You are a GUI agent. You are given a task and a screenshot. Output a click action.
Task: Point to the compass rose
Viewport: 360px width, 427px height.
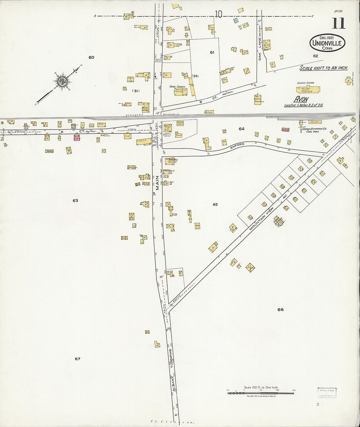pos(62,81)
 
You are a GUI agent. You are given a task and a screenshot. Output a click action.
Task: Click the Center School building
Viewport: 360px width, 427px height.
pos(308,89)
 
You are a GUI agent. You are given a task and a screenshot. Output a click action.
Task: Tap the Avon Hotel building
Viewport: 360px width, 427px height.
pos(145,108)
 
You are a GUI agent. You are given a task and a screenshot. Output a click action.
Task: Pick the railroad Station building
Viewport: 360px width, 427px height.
pos(208,112)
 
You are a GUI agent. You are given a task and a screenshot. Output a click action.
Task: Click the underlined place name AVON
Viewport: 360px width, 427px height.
pos(301,99)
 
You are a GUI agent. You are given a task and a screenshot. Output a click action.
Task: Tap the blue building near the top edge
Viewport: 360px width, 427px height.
pos(236,20)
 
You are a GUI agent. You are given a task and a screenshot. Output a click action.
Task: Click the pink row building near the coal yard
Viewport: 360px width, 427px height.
pos(285,130)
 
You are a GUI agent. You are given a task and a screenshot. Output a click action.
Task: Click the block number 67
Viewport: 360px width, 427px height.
pos(77,359)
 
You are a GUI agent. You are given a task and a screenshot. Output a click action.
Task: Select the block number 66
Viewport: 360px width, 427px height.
pos(280,310)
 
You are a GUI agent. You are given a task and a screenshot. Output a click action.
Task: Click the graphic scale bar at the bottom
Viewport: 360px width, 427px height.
pos(261,392)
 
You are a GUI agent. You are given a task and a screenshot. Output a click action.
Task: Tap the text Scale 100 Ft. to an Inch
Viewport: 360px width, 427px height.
pos(324,68)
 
